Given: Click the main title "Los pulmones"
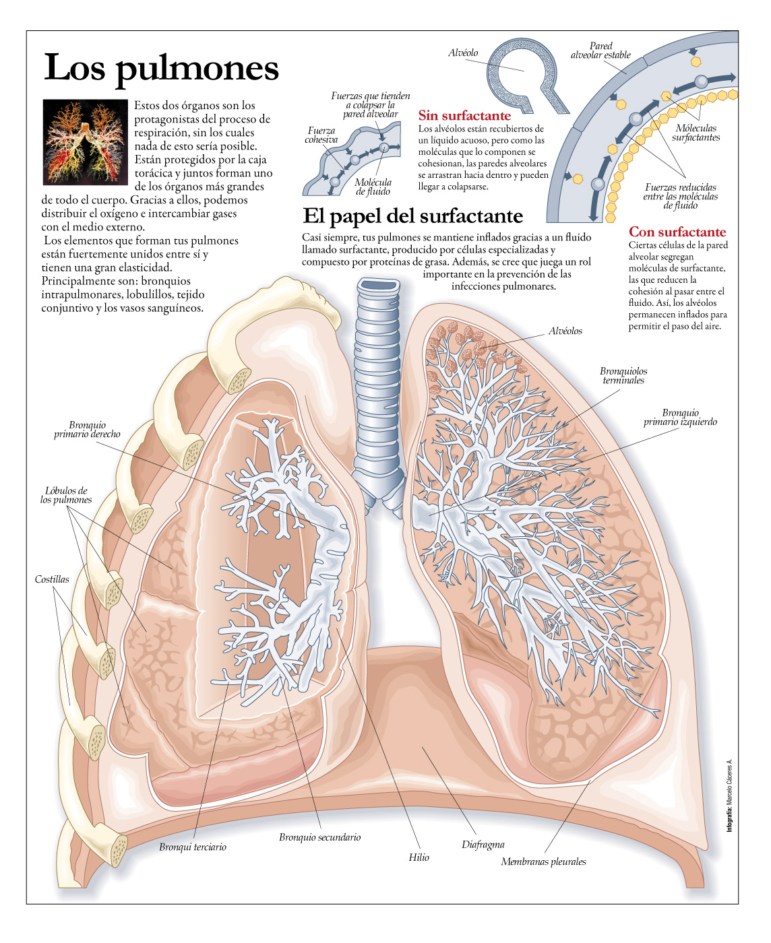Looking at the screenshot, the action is point(161,68).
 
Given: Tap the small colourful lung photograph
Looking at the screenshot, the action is point(85,142).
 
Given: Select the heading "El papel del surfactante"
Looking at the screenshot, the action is point(412,216).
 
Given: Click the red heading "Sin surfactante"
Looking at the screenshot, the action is point(464,116).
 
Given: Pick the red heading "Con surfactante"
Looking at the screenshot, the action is point(677,232).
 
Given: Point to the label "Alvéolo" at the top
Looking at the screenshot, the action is point(463,53).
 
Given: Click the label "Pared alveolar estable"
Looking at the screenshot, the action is point(600,51).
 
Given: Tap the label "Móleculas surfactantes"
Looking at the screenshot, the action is point(696,133).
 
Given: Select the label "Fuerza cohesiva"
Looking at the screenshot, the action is point(321,135).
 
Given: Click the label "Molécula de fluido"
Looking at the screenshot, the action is point(373,187).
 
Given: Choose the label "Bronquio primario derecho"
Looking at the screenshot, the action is point(87,430).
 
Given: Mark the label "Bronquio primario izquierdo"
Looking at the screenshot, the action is point(680,418).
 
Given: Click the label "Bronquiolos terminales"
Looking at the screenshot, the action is point(623,376).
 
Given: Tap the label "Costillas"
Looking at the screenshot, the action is point(52,579).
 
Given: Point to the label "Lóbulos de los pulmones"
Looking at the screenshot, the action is point(66,495).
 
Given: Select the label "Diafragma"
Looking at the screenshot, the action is point(483,845).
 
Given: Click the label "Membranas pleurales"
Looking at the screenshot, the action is point(543,861).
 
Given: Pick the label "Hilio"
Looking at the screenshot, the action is point(419,857).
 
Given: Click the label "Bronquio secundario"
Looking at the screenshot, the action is point(319,837).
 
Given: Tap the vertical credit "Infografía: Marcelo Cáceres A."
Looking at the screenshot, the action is point(729,795).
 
